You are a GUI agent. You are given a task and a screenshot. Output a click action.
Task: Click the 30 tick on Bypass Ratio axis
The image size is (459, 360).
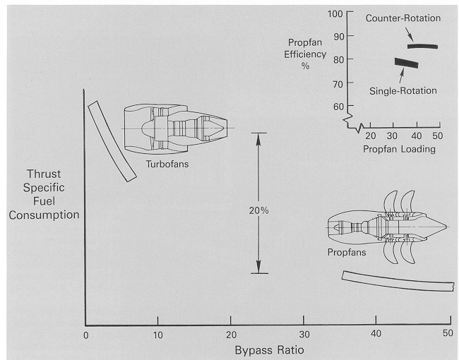(x=304, y=334)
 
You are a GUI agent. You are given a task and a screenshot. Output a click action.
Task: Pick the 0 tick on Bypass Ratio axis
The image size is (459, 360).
(x=85, y=334)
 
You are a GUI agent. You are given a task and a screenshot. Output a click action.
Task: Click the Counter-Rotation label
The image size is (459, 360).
(x=402, y=18)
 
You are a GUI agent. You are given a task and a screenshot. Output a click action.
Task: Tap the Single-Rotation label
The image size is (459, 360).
(x=403, y=90)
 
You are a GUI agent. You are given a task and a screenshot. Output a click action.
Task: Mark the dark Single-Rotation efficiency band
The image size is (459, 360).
(x=406, y=64)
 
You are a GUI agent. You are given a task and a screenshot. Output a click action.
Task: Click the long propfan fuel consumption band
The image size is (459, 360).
(x=398, y=281)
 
